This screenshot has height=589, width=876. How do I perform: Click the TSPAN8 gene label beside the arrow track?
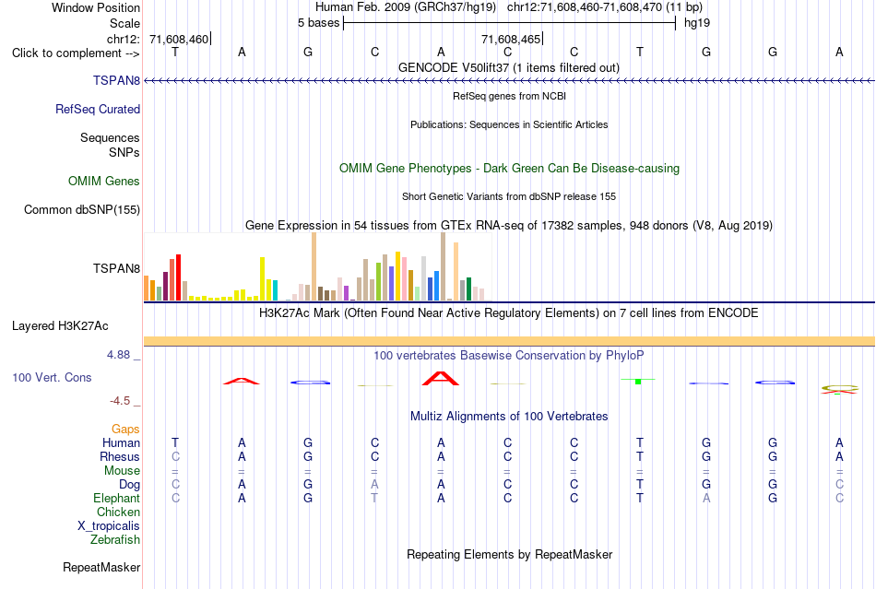116,80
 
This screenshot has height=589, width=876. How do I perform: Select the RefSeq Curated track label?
98,109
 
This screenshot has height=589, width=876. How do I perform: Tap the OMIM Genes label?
104,181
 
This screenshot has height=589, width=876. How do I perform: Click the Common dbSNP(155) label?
82,209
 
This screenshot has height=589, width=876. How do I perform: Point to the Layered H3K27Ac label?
60,325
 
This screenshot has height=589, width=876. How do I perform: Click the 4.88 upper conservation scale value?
118,355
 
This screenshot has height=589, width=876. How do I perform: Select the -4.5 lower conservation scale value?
120,400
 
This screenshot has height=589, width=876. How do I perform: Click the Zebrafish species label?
115,539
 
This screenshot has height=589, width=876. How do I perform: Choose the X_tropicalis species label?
109,526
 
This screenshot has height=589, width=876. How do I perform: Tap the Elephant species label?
117,498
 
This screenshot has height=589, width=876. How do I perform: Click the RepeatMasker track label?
101,567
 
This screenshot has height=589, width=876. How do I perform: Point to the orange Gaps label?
125,429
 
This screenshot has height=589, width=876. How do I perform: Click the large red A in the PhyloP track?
440,379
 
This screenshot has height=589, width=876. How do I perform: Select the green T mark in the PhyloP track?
638,381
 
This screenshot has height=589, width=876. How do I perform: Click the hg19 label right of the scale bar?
697,23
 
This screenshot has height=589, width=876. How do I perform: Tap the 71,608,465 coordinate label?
511,39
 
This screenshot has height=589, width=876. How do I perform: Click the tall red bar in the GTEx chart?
178,277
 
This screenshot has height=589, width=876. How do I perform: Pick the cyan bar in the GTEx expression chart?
275,290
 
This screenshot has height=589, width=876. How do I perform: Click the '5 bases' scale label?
318,23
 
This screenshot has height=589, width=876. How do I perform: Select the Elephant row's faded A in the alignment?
706,498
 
